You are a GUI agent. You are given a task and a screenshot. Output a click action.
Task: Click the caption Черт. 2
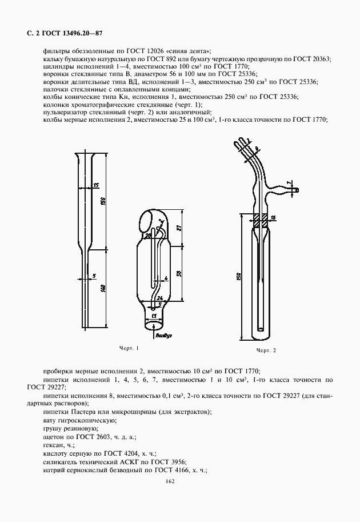pos(266,350)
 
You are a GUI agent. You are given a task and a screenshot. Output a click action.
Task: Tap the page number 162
pos(169,481)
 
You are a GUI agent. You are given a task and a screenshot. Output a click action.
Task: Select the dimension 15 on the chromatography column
pos(95,185)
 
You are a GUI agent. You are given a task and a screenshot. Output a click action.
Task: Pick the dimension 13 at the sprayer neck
pos(154,316)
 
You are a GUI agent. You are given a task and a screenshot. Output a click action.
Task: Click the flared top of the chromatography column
pos(91,156)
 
